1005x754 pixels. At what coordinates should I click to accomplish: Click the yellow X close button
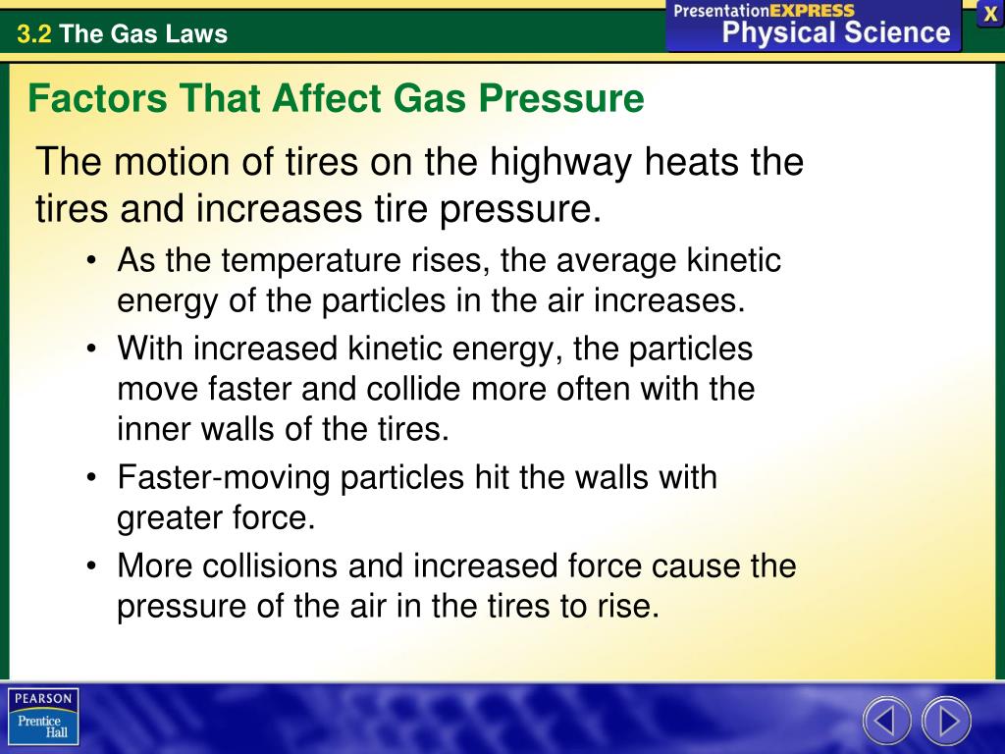[990, 14]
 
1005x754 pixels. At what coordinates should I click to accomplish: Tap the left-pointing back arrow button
[886, 722]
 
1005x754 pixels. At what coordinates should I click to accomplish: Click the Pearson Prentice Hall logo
[43, 716]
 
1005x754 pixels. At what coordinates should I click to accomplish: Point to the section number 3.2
[33, 34]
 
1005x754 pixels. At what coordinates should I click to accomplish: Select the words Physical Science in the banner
[836, 32]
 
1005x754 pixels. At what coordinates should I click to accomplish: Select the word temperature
[311, 261]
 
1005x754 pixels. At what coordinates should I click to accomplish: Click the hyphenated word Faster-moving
[225, 478]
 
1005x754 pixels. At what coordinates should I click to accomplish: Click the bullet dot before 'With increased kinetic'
[92, 350]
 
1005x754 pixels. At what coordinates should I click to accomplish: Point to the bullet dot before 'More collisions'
[92, 566]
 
